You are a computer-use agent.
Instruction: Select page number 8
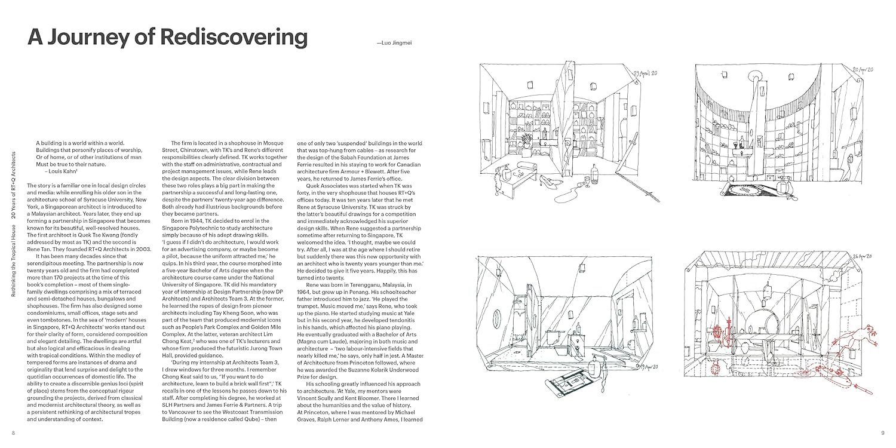pos(14,431)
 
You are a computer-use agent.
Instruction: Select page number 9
pos(882,431)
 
